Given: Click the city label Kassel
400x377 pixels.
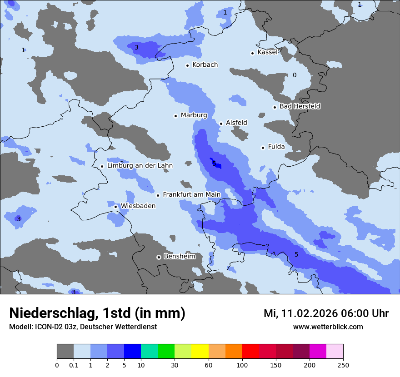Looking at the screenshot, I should (x=267, y=52).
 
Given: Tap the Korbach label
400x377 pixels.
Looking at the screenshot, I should (x=205, y=65).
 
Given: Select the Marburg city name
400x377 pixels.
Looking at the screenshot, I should (x=194, y=115).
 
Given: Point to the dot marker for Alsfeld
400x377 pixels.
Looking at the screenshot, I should (x=221, y=124).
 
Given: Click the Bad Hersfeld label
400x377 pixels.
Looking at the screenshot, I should (x=300, y=106).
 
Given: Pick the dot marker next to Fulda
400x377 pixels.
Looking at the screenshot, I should (x=263, y=148).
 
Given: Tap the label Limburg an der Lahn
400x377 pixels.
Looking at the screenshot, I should (x=140, y=166).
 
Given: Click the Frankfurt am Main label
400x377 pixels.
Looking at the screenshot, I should (x=191, y=194).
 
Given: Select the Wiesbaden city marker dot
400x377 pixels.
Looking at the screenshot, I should (x=116, y=207).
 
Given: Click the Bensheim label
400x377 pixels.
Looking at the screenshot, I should (x=179, y=257).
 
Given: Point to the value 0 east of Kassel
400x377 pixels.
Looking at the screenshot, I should (x=294, y=75).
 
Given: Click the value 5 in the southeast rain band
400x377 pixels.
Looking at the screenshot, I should (x=296, y=254).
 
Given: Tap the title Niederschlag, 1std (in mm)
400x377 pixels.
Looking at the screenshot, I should (x=97, y=313).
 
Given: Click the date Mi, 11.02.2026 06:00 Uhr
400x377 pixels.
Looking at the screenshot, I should (x=326, y=313).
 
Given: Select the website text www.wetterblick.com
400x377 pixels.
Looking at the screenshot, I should (x=328, y=327).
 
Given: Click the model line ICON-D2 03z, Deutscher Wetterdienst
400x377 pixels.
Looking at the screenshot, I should (x=83, y=327).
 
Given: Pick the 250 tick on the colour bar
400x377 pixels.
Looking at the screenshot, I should (x=343, y=365).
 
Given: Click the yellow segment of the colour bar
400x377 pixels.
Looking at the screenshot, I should (x=200, y=352).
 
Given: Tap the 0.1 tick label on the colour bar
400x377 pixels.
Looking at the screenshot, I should (x=74, y=365).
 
